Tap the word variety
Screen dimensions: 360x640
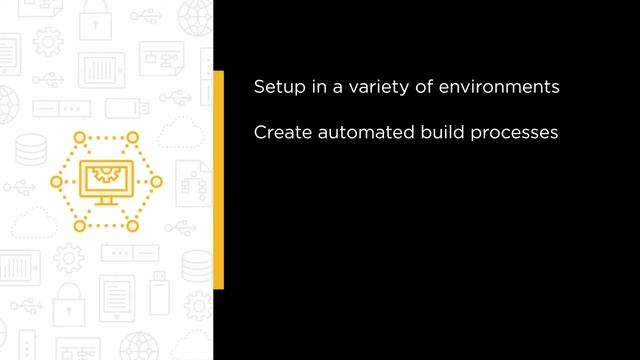380,88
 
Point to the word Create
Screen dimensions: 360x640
281,132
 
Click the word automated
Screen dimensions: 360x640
362,132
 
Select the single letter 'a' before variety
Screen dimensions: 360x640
338,88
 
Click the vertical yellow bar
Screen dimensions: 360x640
218,180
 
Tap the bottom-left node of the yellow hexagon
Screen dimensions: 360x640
77,226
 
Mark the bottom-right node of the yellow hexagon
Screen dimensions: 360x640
131,226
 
